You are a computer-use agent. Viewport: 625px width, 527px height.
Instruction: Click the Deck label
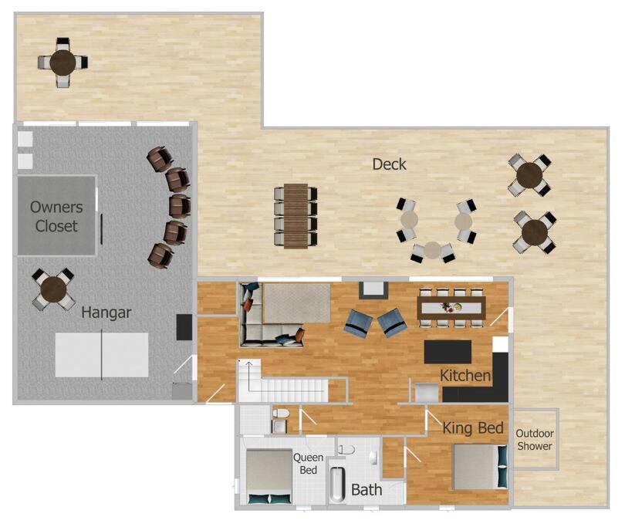click(389, 164)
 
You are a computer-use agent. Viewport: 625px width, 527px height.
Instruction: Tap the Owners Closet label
click(56, 217)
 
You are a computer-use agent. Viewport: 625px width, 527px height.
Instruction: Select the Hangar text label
click(106, 312)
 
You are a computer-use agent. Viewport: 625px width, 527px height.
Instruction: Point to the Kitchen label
click(465, 375)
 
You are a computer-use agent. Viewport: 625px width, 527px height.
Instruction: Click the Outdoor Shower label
click(535, 440)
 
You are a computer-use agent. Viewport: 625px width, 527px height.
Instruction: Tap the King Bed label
click(473, 427)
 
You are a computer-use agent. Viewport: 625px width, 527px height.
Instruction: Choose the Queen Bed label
click(308, 464)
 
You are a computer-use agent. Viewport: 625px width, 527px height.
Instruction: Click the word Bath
click(367, 489)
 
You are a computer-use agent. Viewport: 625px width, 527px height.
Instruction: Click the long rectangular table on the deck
click(296, 216)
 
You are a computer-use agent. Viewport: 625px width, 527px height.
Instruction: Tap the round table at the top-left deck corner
click(62, 62)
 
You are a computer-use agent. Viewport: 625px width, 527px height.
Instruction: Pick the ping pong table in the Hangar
click(102, 355)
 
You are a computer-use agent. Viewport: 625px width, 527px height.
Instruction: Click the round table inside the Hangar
click(53, 289)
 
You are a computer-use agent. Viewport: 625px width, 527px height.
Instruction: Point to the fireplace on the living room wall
click(373, 290)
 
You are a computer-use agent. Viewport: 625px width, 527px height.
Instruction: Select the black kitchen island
click(448, 352)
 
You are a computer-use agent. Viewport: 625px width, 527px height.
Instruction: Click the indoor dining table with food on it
click(451, 308)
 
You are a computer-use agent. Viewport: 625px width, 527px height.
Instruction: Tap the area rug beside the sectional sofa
click(297, 303)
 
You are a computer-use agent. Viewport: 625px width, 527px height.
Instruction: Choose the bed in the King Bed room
click(480, 467)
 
